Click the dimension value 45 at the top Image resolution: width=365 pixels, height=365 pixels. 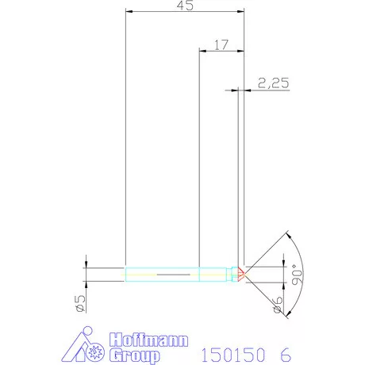tap(185, 6)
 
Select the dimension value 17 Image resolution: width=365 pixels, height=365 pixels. tap(220, 46)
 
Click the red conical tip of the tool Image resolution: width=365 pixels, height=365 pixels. tap(240, 274)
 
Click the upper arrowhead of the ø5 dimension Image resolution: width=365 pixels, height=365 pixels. tap(86, 265)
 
